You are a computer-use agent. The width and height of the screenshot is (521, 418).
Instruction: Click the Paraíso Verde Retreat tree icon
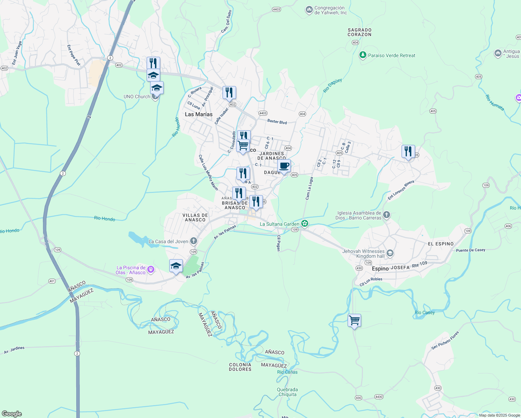tap(363, 55)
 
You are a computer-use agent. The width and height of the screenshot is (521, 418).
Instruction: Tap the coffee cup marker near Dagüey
tap(284, 166)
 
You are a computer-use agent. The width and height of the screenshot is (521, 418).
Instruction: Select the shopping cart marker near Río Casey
tap(354, 320)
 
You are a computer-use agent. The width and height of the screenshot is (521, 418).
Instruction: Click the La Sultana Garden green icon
tap(305, 224)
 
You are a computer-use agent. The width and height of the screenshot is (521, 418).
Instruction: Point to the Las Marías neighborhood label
tap(199, 114)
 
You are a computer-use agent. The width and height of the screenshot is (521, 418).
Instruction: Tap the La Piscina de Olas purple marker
tap(150, 269)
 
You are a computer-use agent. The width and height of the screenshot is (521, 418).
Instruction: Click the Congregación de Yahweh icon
tap(309, 10)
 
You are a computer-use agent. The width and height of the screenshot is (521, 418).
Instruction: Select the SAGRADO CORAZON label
tap(359, 32)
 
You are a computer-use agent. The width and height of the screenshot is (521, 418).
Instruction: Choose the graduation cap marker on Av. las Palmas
tap(176, 266)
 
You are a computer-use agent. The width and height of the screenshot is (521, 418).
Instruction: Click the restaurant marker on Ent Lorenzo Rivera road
tap(408, 152)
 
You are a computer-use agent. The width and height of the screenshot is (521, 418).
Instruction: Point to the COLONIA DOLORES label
tap(240, 367)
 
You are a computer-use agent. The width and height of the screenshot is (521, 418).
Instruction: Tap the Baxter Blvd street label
tap(277, 122)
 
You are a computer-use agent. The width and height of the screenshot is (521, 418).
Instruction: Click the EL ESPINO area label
tap(441, 244)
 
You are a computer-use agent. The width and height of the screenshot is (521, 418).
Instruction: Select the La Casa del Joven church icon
tap(194, 241)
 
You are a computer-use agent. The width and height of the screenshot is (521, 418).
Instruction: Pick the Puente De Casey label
tap(471, 250)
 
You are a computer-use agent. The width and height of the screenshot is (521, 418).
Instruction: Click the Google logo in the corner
tap(12, 414)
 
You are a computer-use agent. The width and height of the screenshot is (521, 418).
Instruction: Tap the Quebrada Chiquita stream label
tap(287, 392)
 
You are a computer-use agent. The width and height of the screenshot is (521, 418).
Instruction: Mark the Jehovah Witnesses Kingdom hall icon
tap(390, 253)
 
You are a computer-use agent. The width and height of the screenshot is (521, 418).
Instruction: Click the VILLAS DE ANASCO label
tap(195, 217)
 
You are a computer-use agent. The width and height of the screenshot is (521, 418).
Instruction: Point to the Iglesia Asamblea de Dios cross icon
tap(387, 215)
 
